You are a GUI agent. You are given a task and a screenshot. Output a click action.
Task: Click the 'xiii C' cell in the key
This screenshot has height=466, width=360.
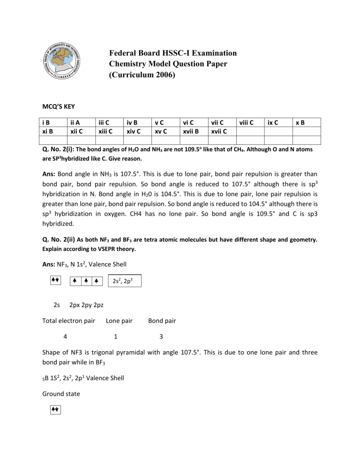pos(103,131)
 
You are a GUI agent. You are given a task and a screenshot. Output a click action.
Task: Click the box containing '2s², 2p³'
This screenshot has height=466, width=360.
pos(124,281)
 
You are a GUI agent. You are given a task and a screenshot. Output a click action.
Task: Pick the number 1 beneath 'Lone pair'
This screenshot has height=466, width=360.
pos(116,336)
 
